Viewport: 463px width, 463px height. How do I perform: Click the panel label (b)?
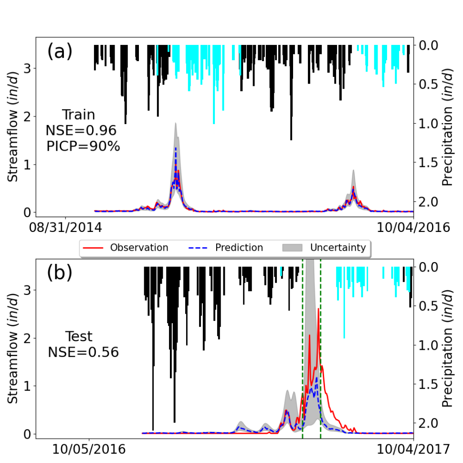pyautogui.click(x=60, y=273)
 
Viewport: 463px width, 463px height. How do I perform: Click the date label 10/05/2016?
pyautogui.click(x=89, y=449)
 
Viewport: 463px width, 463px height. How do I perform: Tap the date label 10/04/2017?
pyautogui.click(x=413, y=449)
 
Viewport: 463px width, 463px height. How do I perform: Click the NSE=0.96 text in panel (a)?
pyautogui.click(x=81, y=130)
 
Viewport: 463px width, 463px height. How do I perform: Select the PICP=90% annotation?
pyautogui.click(x=83, y=146)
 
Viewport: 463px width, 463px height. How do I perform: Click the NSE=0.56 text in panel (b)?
pyautogui.click(x=83, y=352)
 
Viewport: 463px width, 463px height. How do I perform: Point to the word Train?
pyautogui.click(x=79, y=115)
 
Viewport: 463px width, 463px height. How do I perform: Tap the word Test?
pyautogui.click(x=80, y=337)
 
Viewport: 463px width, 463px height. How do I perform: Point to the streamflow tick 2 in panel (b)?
pyautogui.click(x=28, y=338)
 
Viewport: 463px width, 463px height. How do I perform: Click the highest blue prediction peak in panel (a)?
pyautogui.click(x=176, y=148)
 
